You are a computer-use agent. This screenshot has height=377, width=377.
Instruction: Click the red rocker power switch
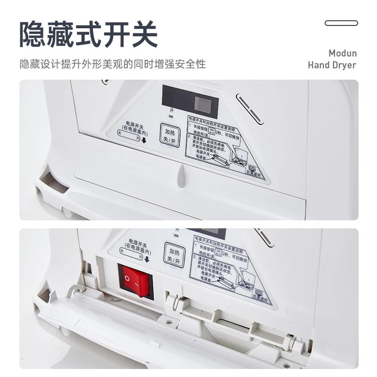[x=136, y=281]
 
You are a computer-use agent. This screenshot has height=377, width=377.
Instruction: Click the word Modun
[x=343, y=53]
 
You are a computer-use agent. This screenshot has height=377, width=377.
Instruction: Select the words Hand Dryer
[x=332, y=65]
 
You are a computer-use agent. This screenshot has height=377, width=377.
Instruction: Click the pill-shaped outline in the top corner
[x=341, y=23]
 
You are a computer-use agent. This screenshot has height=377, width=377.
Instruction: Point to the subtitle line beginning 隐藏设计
[x=113, y=64]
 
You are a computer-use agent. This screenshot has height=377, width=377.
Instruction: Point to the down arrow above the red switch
[x=147, y=258]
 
